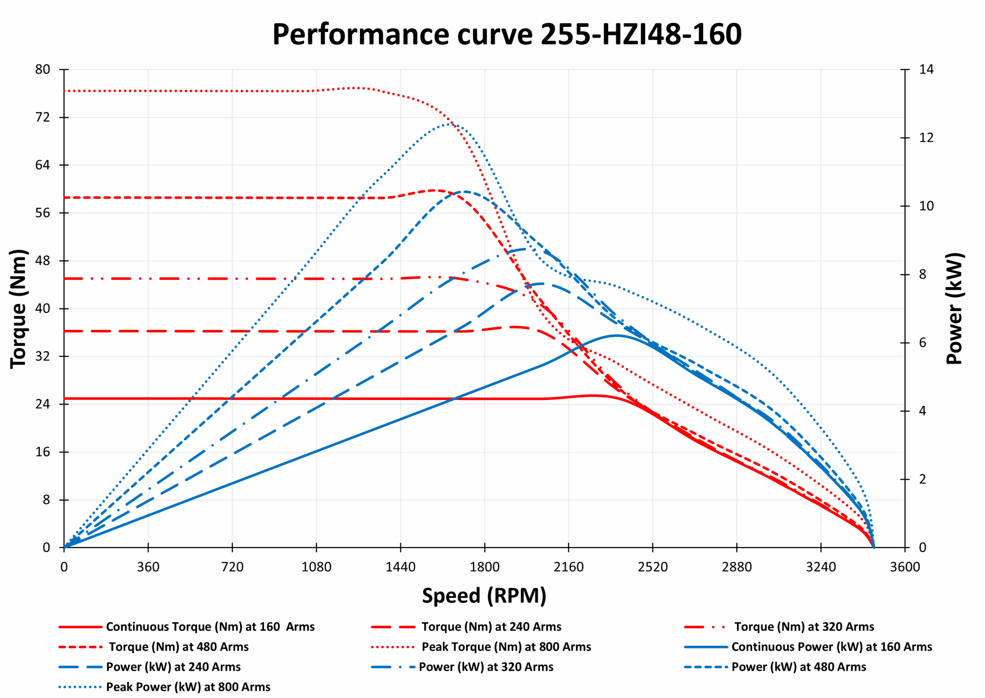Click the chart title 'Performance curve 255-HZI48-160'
507,34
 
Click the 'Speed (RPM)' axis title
484,596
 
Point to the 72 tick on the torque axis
43,117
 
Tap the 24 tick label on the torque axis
43,404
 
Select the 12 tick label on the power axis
926,137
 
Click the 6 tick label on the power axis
922,343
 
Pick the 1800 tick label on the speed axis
484,567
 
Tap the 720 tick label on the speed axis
232,567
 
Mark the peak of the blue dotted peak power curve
449,124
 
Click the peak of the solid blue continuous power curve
617,335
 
